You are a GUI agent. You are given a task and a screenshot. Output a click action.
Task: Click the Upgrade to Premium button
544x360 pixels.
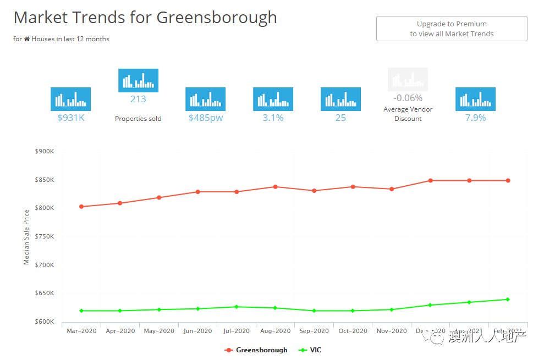pyautogui.click(x=452, y=29)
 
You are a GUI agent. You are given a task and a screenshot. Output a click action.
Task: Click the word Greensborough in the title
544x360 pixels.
pyautogui.click(x=217, y=18)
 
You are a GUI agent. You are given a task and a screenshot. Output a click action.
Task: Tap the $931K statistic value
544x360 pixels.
pyautogui.click(x=71, y=118)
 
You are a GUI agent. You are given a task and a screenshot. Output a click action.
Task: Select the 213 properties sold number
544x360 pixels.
pyautogui.click(x=138, y=99)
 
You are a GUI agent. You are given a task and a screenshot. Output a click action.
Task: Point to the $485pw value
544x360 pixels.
pyautogui.click(x=206, y=118)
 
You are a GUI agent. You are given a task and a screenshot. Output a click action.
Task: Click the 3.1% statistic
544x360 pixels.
pyautogui.click(x=273, y=118)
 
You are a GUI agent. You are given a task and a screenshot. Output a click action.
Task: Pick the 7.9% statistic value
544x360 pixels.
pyautogui.click(x=475, y=118)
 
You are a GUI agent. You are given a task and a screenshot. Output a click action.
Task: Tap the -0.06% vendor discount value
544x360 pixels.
pyautogui.click(x=408, y=98)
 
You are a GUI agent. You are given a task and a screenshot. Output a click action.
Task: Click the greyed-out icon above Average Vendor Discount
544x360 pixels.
pyautogui.click(x=408, y=79)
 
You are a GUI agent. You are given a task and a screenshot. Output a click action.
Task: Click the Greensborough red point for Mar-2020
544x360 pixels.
pyautogui.click(x=81, y=207)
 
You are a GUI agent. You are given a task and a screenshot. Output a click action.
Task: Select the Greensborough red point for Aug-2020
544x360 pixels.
pyautogui.click(x=275, y=187)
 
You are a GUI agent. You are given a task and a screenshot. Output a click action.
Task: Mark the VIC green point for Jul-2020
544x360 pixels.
pyautogui.click(x=237, y=307)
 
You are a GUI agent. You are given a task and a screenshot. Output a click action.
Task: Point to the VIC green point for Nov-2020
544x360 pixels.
pyautogui.click(x=392, y=309)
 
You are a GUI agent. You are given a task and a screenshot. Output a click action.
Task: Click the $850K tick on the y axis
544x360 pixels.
pyautogui.click(x=44, y=180)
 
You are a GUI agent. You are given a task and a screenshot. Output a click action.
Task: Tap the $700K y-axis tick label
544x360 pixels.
pyautogui.click(x=44, y=265)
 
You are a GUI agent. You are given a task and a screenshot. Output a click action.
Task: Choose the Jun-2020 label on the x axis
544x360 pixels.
pyautogui.click(x=197, y=331)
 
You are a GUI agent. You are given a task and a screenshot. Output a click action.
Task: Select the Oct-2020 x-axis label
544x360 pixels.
pyautogui.click(x=353, y=331)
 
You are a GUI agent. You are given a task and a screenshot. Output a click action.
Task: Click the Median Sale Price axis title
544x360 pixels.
pyautogui.click(x=26, y=237)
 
